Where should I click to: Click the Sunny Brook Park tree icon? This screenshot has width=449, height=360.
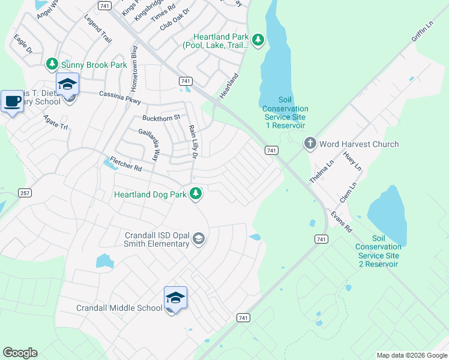point(52,64)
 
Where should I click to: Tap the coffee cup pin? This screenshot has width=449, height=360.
point(12,101)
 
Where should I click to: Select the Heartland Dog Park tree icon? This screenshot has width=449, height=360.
point(195,193)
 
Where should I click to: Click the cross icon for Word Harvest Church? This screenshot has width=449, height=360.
point(310,143)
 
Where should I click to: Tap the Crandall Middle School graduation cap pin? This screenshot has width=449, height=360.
point(175,298)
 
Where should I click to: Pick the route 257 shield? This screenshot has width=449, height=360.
point(25,193)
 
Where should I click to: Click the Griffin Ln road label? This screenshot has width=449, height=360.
point(421,33)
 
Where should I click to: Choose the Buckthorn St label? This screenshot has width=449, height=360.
point(161,118)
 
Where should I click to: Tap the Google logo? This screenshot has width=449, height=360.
point(20,353)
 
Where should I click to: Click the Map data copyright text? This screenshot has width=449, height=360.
point(411,355)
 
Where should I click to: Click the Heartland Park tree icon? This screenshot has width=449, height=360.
point(258,40)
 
